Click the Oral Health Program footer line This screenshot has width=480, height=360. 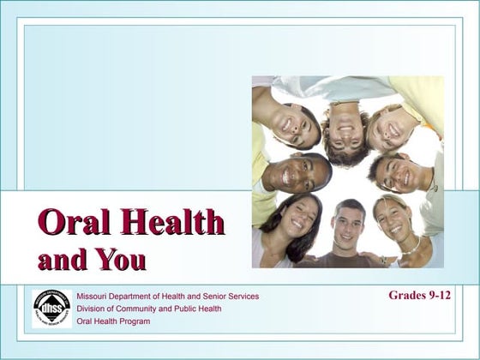[113, 321]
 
